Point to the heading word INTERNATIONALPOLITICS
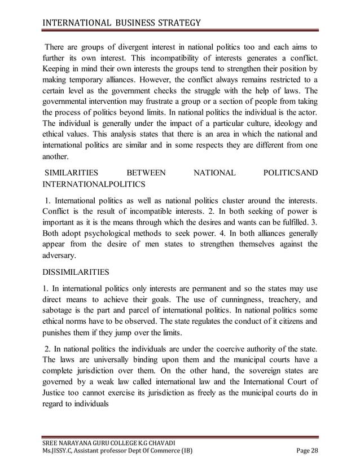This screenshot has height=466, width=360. tap(93, 184)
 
